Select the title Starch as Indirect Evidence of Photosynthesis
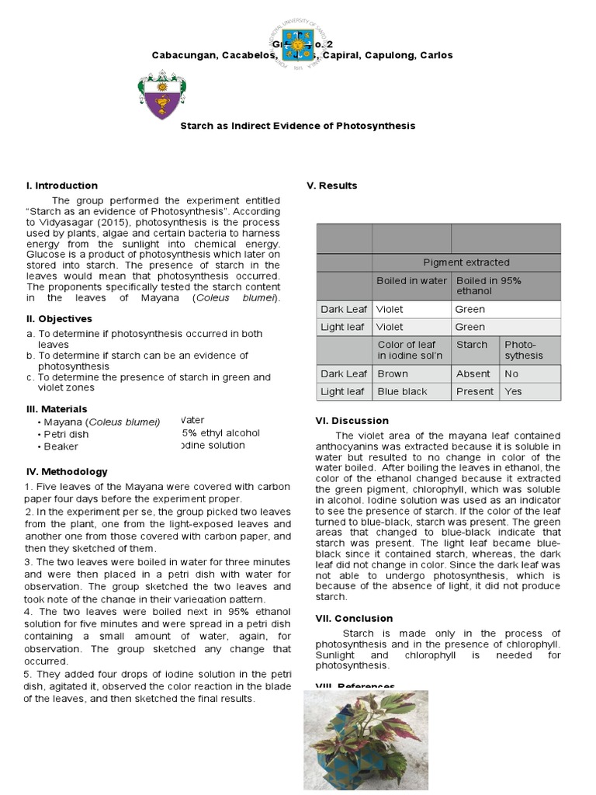click(x=298, y=126)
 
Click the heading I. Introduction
click(x=62, y=186)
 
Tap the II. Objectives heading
click(x=59, y=318)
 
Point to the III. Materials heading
click(x=57, y=408)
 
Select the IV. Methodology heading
click(x=67, y=471)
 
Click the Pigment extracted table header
click(x=466, y=262)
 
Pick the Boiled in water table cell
click(x=411, y=281)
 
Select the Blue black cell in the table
click(x=402, y=391)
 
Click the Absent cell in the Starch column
click(x=473, y=373)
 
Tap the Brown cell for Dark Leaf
click(x=393, y=373)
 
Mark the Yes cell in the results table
click(x=514, y=391)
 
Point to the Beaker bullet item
click(x=61, y=446)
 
